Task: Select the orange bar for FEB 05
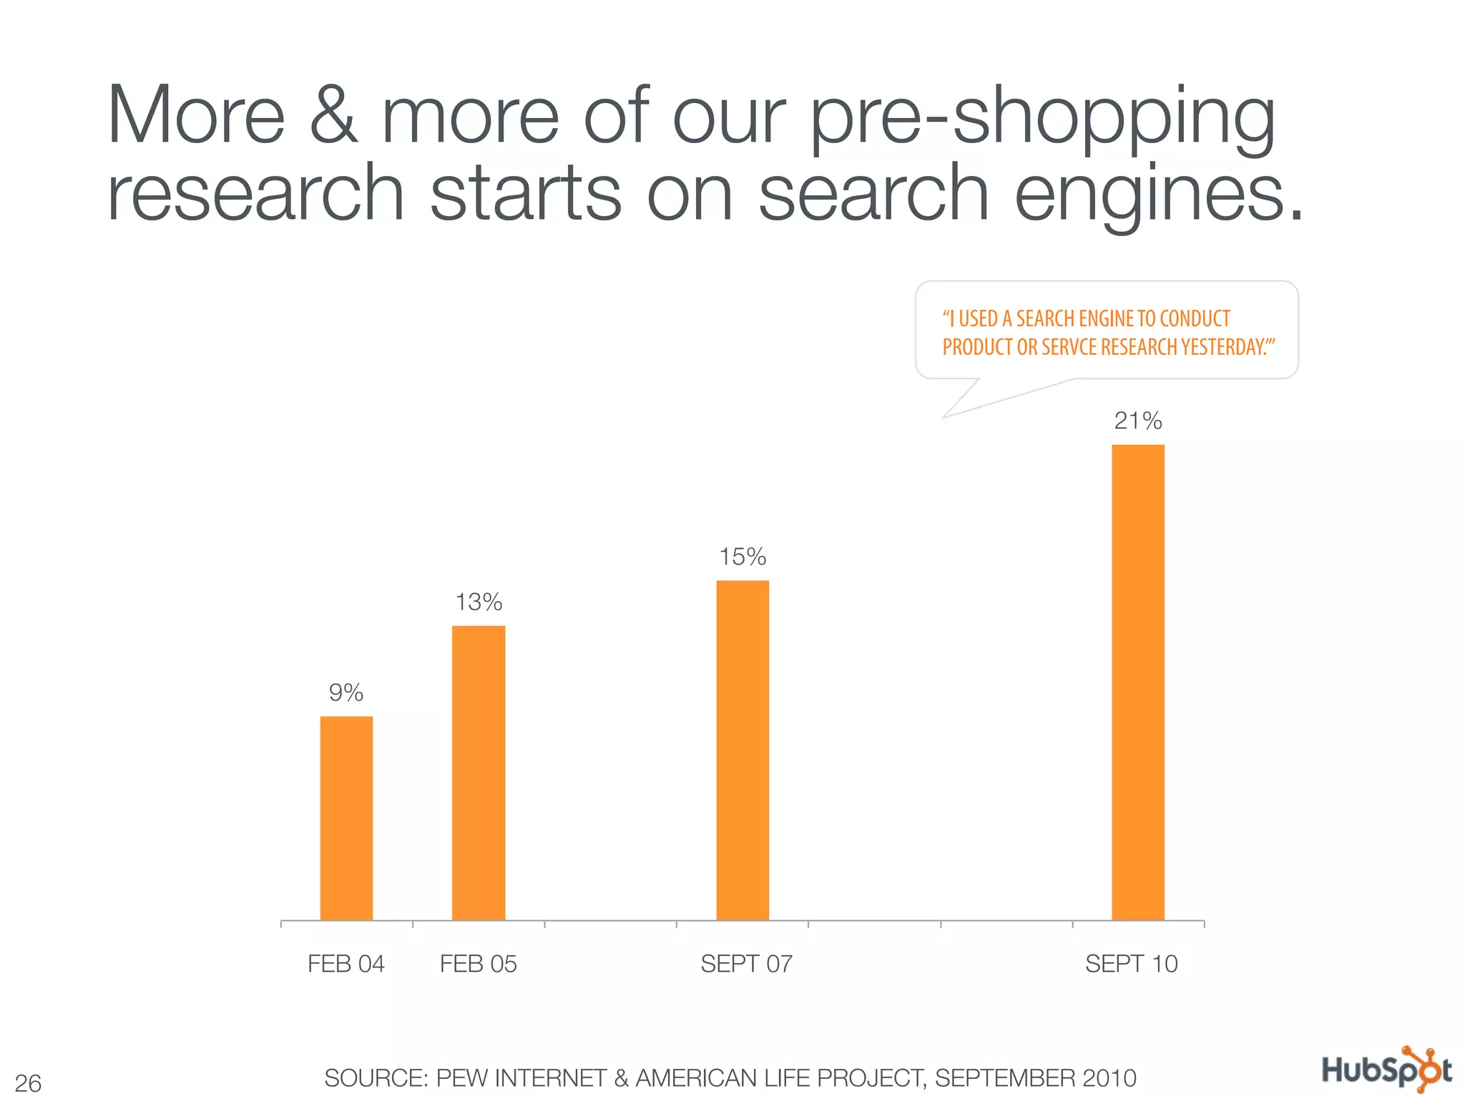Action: click(x=479, y=773)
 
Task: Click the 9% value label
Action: click(x=346, y=693)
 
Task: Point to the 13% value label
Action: click(x=479, y=602)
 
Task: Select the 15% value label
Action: click(x=743, y=557)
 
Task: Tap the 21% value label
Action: click(x=1138, y=421)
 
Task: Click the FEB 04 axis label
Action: click(x=346, y=964)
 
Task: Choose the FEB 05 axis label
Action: click(x=479, y=964)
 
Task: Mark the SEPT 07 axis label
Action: click(x=746, y=964)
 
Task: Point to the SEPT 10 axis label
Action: click(x=1131, y=964)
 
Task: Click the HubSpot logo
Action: click(x=1387, y=1070)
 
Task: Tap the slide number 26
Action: click(x=28, y=1083)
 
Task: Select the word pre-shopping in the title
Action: click(x=1043, y=118)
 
